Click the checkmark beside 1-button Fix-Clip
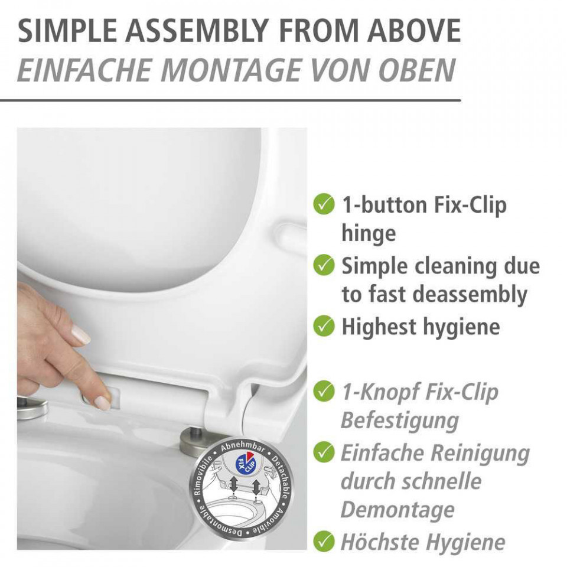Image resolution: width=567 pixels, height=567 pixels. point(324,204)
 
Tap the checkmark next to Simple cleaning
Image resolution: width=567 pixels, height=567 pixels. point(324,265)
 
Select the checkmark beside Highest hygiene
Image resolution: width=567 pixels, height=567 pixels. point(324,325)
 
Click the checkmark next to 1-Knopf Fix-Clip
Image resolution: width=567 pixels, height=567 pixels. point(324,390)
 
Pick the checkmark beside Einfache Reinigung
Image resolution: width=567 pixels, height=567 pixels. point(324,452)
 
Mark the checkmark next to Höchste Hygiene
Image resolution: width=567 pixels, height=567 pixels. point(324,542)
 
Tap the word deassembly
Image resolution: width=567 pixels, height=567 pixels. point(470,295)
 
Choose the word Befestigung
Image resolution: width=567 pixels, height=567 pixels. point(400,421)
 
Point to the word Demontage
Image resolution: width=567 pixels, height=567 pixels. point(397,510)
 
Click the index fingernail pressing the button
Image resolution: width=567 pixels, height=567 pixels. point(102,403)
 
